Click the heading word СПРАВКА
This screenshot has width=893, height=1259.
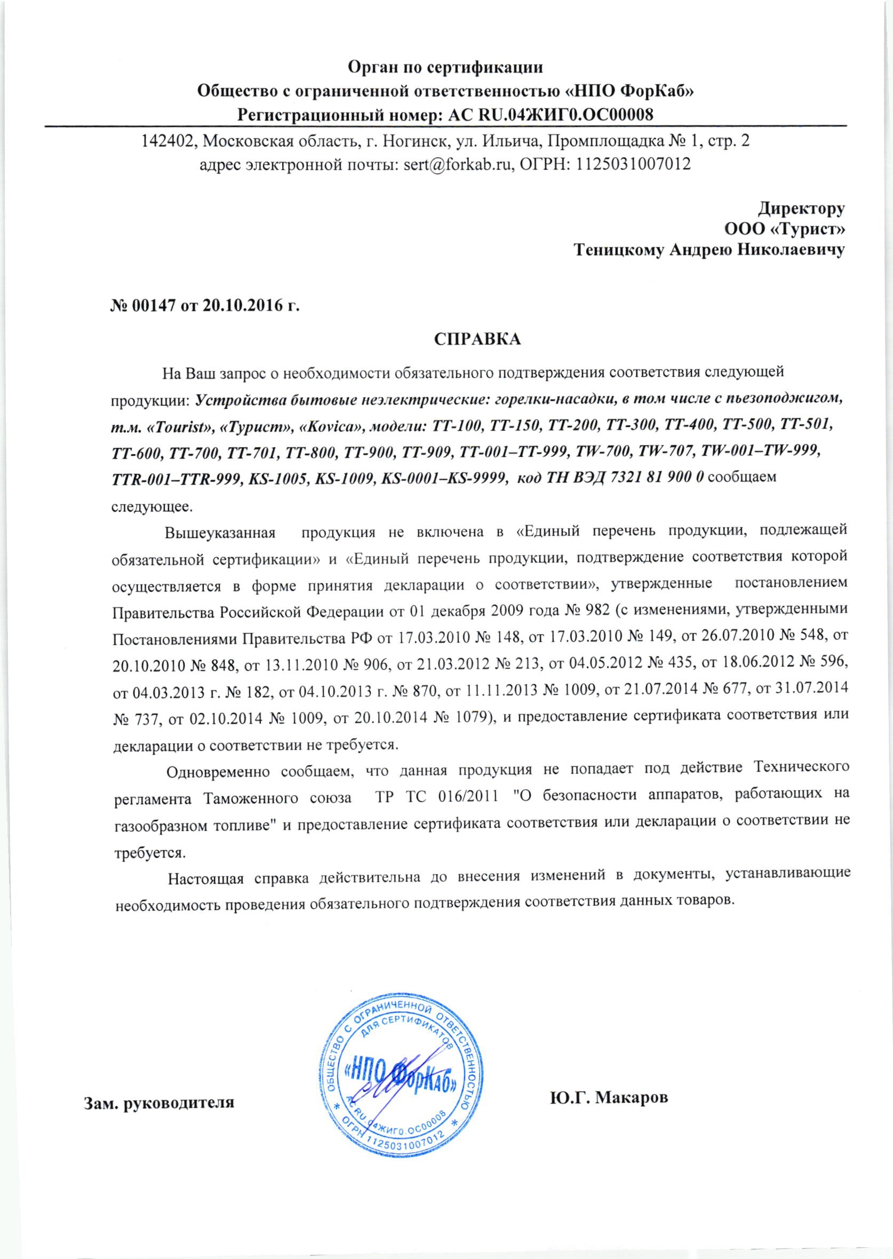tap(477, 339)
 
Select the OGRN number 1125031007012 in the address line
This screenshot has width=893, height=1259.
tap(633, 164)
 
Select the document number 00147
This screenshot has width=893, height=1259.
tap(151, 305)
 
